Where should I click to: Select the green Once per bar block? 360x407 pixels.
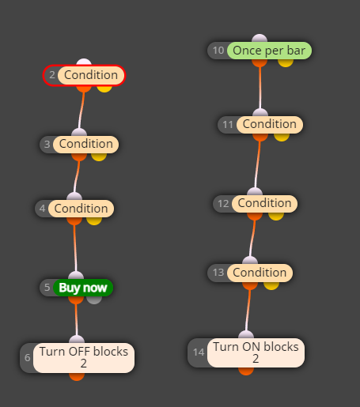coord(269,51)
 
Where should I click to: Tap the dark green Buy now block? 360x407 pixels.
coord(83,288)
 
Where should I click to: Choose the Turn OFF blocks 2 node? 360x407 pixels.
coord(84,358)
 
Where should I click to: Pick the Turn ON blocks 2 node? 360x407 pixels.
coord(256,352)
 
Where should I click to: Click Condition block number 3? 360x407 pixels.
coord(86,145)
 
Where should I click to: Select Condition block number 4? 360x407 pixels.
coord(81,209)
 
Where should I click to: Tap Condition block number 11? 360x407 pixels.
coord(270,125)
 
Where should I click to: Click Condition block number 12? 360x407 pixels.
coord(264,204)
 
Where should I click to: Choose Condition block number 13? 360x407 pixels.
coord(260,273)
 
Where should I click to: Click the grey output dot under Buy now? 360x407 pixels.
coord(94,300)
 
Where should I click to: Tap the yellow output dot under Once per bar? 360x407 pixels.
coord(286,62)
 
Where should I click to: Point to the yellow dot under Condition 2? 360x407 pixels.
coord(104,89)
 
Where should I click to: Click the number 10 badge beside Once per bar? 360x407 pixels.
coord(218,51)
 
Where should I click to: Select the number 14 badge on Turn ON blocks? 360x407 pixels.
coord(199,352)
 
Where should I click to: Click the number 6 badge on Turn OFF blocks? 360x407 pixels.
coord(28,358)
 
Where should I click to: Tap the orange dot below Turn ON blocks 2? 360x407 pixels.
coord(246,371)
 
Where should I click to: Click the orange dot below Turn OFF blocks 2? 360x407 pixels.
coord(77,376)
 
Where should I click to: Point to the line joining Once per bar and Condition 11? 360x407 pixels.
coord(260,88)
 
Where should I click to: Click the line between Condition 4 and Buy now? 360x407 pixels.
coord(75,248)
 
